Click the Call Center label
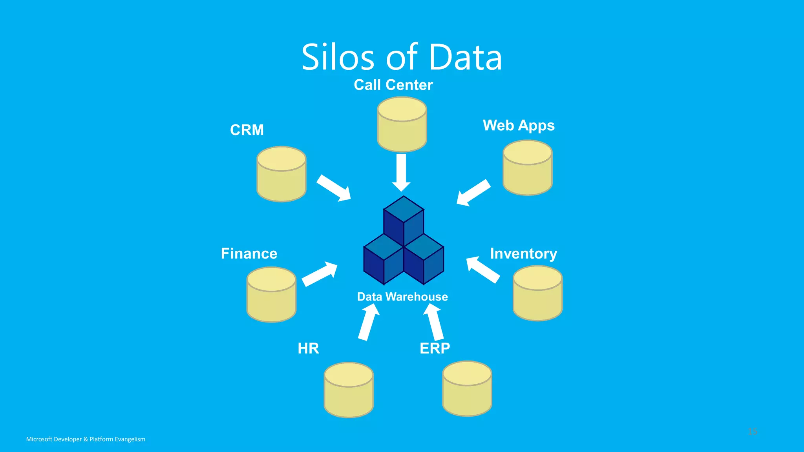pyautogui.click(x=393, y=85)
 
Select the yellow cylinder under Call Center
pyautogui.click(x=402, y=125)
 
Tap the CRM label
pyautogui.click(x=247, y=130)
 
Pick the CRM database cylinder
pyautogui.click(x=281, y=175)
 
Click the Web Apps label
pyautogui.click(x=518, y=126)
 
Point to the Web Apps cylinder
pyautogui.click(x=527, y=168)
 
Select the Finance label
pyautogui.click(x=249, y=253)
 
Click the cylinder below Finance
pyautogui.click(x=271, y=295)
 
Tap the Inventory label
pyautogui.click(x=523, y=254)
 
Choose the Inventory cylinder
pyautogui.click(x=537, y=294)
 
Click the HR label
pyautogui.click(x=308, y=348)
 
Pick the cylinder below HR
pyautogui.click(x=349, y=390)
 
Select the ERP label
pyautogui.click(x=435, y=348)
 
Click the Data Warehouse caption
pyautogui.click(x=402, y=297)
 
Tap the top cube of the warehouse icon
pyautogui.click(x=404, y=220)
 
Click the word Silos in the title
pyautogui.click(x=338, y=58)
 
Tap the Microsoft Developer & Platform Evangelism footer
pyautogui.click(x=86, y=439)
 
